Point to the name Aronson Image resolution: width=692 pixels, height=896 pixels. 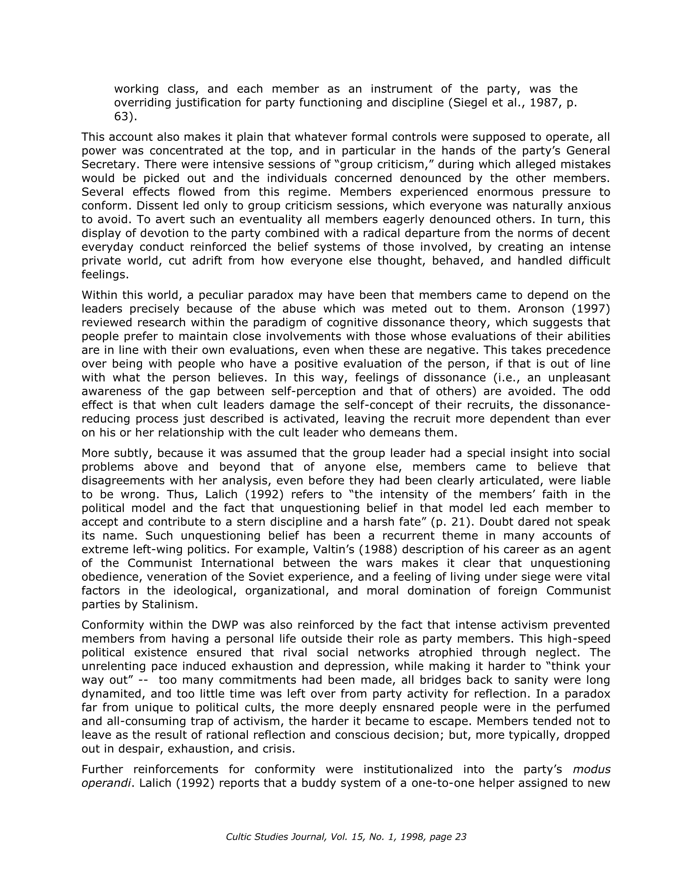pos(543,308)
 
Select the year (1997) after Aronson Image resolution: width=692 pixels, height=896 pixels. pos(594,308)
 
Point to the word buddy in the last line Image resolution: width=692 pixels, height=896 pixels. pos(318,783)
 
